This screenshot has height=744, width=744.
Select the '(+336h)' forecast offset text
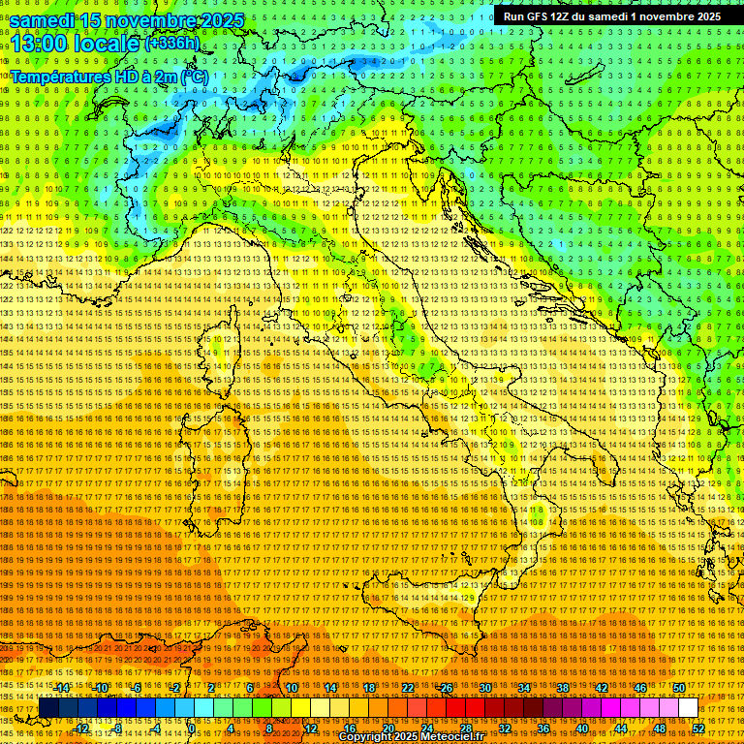[x=171, y=43]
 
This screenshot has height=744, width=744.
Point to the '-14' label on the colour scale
[x=62, y=688]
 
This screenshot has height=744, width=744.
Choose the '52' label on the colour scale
[x=697, y=728]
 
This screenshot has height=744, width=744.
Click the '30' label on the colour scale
[x=485, y=688]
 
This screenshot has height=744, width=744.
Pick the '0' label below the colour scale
[x=192, y=728]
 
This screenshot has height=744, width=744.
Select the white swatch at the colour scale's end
[x=688, y=707]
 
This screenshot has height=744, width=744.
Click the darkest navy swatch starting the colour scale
[x=47, y=707]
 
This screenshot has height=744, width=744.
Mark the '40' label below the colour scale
[x=582, y=728]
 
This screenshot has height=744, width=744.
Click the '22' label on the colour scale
[x=408, y=688]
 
